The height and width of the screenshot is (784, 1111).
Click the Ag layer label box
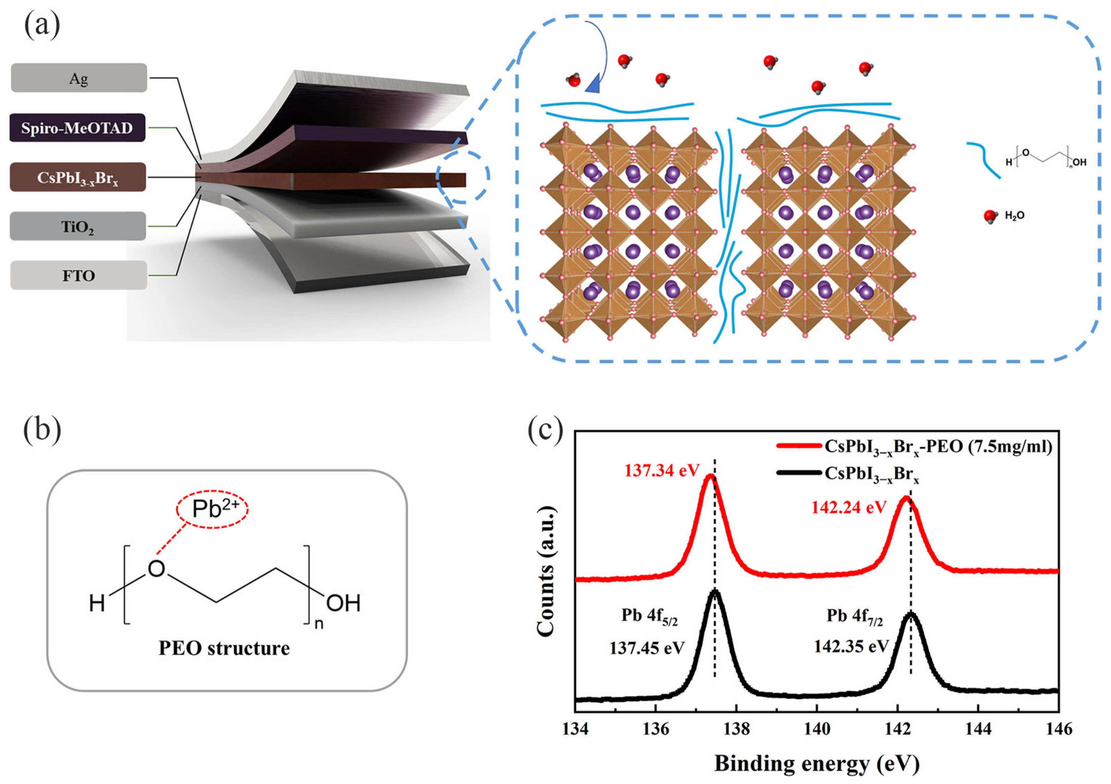click(79, 78)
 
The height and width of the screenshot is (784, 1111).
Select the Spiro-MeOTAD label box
click(77, 128)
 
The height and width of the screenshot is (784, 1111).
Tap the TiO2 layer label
click(77, 226)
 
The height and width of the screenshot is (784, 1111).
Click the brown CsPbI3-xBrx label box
click(77, 177)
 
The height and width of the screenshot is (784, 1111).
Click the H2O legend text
click(1014, 216)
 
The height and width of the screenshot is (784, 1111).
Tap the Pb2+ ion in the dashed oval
click(212, 509)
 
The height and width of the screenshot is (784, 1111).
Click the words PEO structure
click(224, 648)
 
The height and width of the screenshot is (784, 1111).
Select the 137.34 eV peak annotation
click(662, 471)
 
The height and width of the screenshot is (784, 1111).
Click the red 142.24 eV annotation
click(849, 507)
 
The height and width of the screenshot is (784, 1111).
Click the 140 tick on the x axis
click(817, 729)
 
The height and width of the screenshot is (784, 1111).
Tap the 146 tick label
click(1058, 729)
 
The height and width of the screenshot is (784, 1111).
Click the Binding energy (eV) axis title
click(817, 764)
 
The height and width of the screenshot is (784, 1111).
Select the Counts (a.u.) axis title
click(546, 572)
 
